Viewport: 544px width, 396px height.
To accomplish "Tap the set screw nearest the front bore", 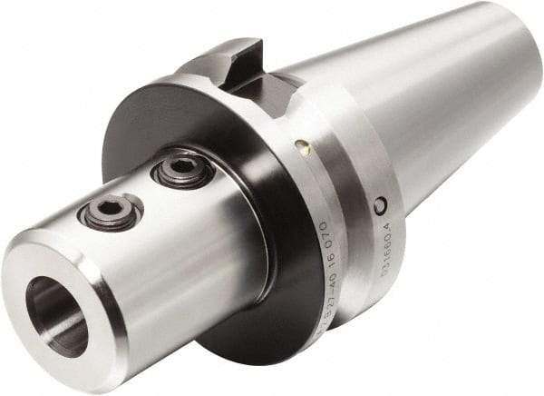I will [x=110, y=211].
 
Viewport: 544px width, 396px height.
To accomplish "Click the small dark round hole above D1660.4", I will [x=381, y=206].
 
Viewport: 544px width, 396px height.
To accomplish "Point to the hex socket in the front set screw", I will [x=110, y=210].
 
